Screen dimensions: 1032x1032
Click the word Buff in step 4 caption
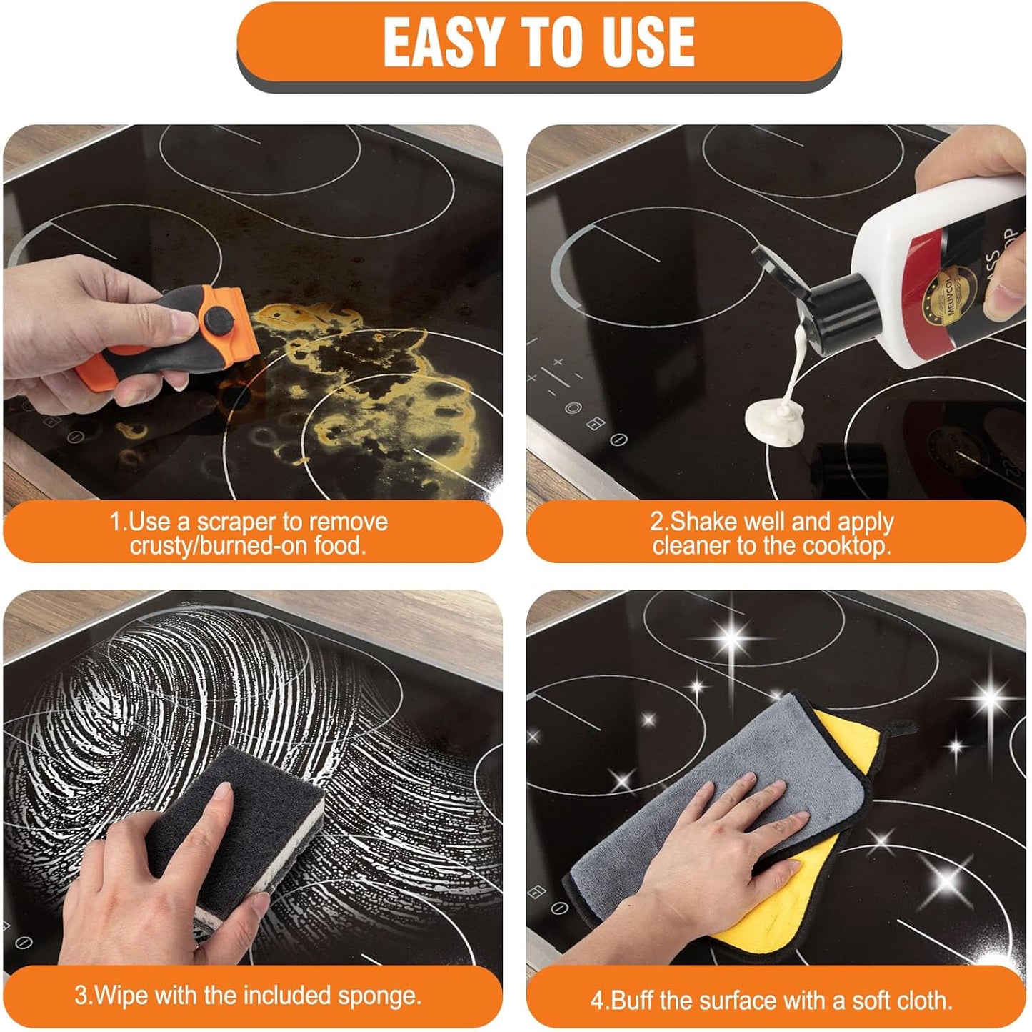(633, 1000)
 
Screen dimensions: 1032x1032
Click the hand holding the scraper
(79, 322)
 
